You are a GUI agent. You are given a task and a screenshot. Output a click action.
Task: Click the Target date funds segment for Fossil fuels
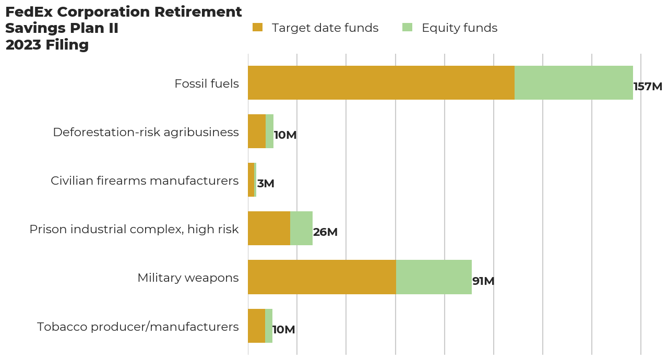pos(381,82)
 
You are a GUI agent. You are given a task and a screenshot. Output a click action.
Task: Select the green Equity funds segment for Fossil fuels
pos(574,82)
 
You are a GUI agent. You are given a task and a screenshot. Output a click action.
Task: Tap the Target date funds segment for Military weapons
pos(321,277)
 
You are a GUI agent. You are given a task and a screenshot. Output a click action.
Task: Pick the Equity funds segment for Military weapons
pos(434,277)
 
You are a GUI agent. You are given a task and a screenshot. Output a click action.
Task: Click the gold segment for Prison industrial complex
pos(269,229)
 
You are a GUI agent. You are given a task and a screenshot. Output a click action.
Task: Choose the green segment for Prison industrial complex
pos(301,229)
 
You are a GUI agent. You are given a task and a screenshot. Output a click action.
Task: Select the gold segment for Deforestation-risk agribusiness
pos(257,131)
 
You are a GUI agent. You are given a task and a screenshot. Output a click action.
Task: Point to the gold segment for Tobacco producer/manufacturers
pos(256,326)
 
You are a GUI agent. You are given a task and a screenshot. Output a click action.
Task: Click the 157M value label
pos(648,87)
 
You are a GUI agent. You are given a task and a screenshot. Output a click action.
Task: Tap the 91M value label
pos(483,281)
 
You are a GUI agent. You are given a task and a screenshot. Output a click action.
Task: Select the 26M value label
pos(325,232)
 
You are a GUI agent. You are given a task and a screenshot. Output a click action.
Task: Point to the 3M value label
pos(266,184)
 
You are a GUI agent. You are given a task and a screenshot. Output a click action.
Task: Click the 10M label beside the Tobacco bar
pos(284,330)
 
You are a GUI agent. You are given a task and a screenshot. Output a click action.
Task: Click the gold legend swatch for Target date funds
pos(257,28)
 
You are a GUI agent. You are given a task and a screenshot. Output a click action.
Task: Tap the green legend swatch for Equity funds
pos(407,28)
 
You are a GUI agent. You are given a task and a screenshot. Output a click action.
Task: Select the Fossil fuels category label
pos(207,83)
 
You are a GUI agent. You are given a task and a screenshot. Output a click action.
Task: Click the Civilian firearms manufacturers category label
pos(145,181)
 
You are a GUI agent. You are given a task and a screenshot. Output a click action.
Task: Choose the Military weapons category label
pos(188,278)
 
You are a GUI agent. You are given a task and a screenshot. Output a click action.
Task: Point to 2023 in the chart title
pos(21,45)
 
